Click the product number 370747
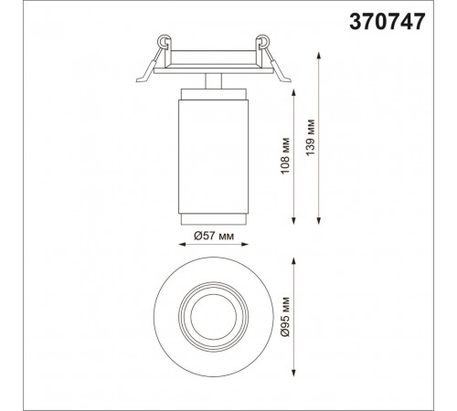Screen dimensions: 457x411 (387, 22)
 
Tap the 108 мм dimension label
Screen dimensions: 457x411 (285, 156)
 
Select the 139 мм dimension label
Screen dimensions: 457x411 (311, 138)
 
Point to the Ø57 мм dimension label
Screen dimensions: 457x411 (214, 236)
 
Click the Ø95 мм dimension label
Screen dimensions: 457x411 (285, 316)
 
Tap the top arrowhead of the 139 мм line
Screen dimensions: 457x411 (319, 56)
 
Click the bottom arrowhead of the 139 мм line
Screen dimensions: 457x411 (319, 221)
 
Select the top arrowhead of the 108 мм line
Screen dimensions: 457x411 (293, 92)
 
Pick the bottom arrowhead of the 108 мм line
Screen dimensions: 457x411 (293, 221)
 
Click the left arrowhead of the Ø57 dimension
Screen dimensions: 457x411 (182, 244)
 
